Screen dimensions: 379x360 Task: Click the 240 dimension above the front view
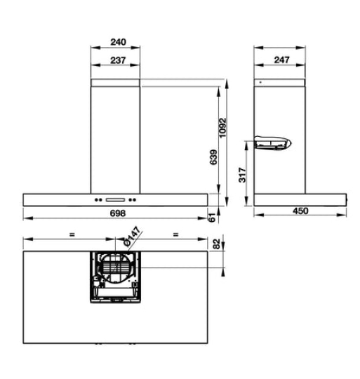tap(119, 41)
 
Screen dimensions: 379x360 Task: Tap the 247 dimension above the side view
tap(281, 60)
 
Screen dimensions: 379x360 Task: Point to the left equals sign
tap(72, 234)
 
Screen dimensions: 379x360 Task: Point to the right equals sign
tap(175, 234)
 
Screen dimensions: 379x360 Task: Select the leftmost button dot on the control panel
tap(97, 197)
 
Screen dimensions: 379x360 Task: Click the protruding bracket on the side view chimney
tap(272, 145)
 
